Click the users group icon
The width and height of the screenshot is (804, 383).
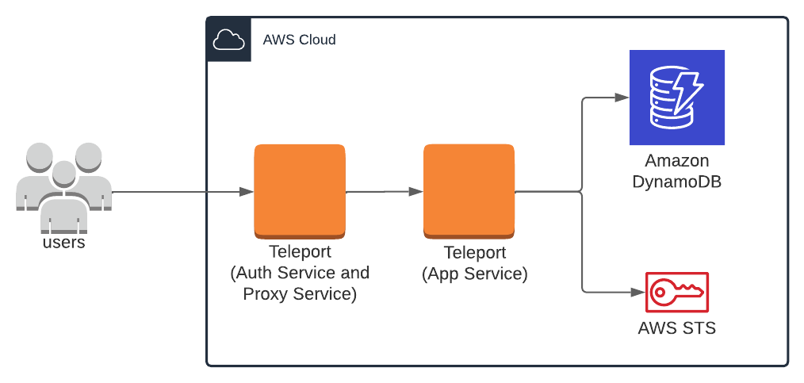[x=63, y=187]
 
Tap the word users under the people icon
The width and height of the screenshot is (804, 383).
[x=63, y=243]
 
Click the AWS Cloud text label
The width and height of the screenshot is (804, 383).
[x=299, y=40]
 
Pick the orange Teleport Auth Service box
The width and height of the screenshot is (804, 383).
[x=299, y=191]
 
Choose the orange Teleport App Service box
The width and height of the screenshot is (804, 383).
[x=469, y=191]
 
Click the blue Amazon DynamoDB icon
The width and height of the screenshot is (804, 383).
[x=676, y=97]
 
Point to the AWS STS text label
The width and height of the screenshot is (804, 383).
[x=676, y=327]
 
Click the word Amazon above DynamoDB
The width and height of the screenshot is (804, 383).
[x=676, y=160]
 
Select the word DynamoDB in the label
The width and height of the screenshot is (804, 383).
[x=676, y=182]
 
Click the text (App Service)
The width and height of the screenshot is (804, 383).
[x=474, y=274]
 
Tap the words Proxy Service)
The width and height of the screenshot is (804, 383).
[x=299, y=293]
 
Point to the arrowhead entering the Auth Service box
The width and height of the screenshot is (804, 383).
[x=247, y=192]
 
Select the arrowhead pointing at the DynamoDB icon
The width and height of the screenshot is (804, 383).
[x=622, y=98]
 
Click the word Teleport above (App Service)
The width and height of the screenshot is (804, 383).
[x=474, y=254]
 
